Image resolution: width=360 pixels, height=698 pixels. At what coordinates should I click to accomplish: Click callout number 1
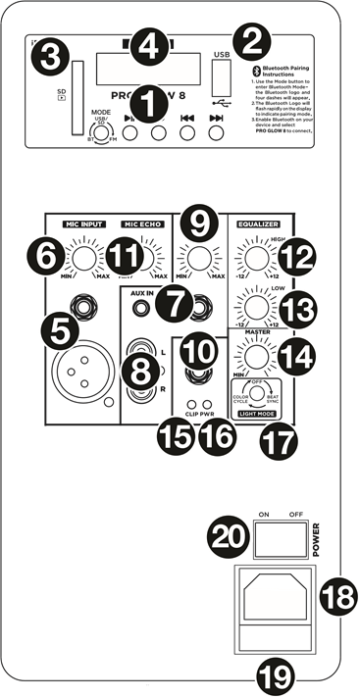[x=149, y=102]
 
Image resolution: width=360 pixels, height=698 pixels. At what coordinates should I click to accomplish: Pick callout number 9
[x=200, y=224]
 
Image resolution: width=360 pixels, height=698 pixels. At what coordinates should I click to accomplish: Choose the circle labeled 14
[x=296, y=355]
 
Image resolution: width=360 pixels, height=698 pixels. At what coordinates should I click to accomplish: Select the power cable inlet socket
[x=276, y=598]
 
